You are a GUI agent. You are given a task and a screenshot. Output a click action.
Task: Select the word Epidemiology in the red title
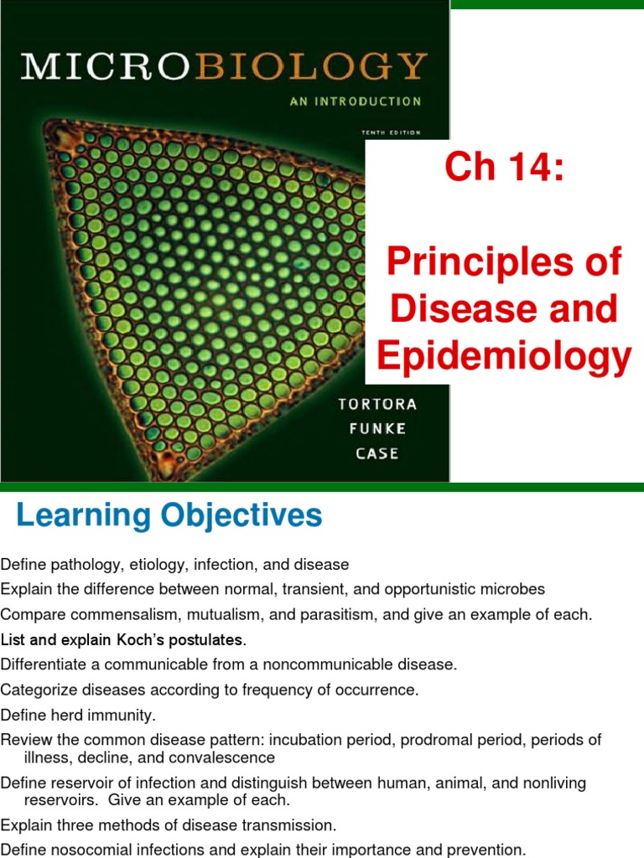[x=504, y=355]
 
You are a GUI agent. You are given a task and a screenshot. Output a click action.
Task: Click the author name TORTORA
[x=377, y=404]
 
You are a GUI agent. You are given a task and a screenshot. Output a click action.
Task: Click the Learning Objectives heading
[x=169, y=514]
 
